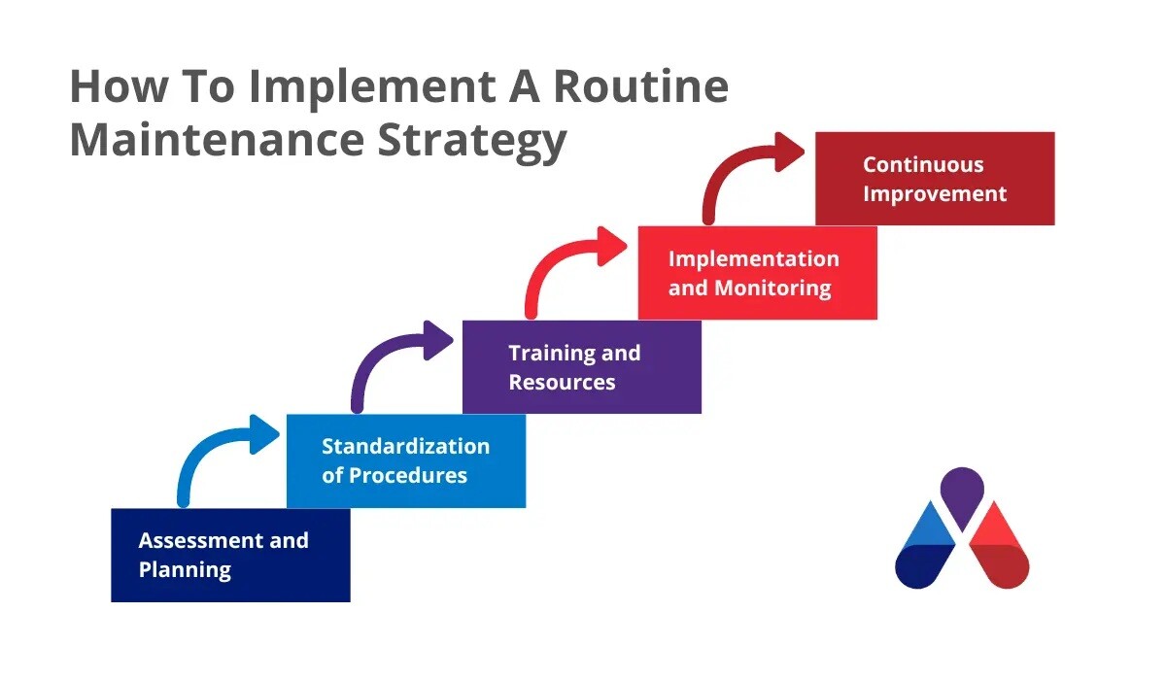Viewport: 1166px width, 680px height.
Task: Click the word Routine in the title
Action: [640, 87]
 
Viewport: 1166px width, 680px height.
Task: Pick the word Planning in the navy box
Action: [185, 569]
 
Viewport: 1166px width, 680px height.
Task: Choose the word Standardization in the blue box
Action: [405, 447]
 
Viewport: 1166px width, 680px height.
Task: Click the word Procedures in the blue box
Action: [408, 476]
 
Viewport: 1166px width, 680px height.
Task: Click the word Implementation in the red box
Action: [753, 258]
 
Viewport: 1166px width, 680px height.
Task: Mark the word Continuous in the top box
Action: [923, 164]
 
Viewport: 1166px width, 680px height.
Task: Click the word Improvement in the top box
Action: [935, 193]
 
